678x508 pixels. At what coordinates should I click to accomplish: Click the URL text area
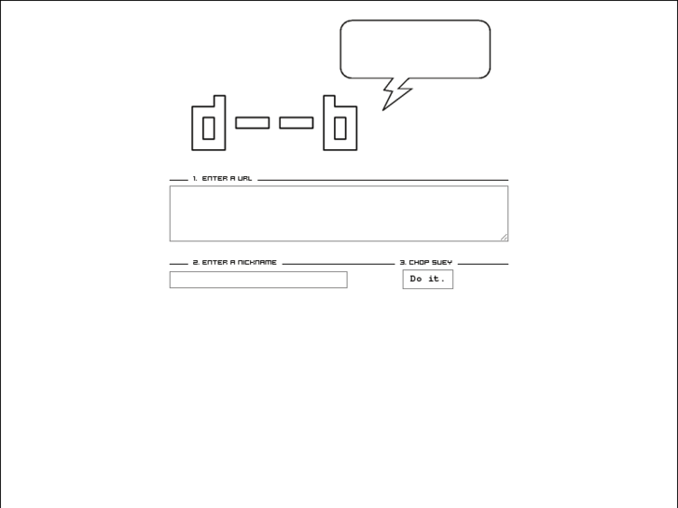coord(339,213)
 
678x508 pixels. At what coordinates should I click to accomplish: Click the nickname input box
coord(258,280)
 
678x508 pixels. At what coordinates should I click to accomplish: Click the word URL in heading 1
coord(244,178)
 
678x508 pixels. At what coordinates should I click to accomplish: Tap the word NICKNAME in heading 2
coord(256,262)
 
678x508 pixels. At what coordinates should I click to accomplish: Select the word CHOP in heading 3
coord(419,262)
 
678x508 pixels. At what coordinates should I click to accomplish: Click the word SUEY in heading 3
coord(442,262)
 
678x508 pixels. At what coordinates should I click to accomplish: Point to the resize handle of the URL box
coord(504,237)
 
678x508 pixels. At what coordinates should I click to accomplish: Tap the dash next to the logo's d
coord(253,123)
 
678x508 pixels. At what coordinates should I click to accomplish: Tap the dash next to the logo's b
coord(297,123)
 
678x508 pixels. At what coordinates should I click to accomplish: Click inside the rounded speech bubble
coord(415,48)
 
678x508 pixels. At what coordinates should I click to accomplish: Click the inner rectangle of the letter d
coord(208,128)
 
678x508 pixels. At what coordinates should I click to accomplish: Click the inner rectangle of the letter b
coord(339,128)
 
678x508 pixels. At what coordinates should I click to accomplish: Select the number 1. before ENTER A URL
coord(195,178)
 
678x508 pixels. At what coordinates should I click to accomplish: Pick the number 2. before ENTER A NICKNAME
coord(196,262)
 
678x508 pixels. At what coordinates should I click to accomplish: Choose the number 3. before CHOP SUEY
coord(403,262)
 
